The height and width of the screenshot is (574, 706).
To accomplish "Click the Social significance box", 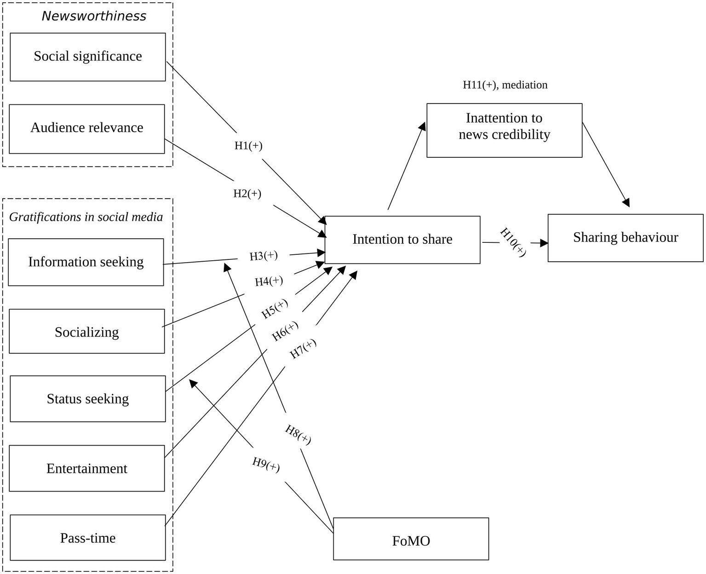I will click(x=87, y=57).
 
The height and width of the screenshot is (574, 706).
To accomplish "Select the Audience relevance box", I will click(x=86, y=128).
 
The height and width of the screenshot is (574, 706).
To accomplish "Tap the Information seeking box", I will click(x=86, y=262).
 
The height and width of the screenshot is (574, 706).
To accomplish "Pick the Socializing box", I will click(x=86, y=332).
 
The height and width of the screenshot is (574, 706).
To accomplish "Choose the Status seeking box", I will click(x=87, y=399).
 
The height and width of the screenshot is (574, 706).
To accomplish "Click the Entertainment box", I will click(x=86, y=468).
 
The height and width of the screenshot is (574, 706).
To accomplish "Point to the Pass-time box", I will click(x=87, y=538).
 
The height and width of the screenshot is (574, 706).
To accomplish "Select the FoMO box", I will click(x=411, y=540).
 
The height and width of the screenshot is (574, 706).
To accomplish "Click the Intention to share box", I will click(x=402, y=240).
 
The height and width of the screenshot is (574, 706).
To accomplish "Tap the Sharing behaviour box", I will click(x=625, y=238).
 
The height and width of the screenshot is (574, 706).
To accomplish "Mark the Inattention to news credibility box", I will click(x=504, y=130).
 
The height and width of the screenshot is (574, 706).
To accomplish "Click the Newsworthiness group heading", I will click(x=94, y=16).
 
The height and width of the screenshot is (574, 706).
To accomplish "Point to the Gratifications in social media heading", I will click(x=86, y=217).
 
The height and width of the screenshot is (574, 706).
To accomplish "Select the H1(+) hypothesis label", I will click(x=248, y=146).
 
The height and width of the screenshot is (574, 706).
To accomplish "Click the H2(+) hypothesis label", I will click(x=247, y=194).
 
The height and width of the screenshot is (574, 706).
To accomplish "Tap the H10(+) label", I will click(x=513, y=242).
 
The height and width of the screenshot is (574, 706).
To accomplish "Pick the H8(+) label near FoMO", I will click(x=298, y=435).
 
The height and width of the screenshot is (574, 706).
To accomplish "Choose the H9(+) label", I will click(x=266, y=465).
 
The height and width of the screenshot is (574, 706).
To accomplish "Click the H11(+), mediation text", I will click(x=505, y=85).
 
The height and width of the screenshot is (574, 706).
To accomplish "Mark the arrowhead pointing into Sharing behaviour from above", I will click(x=626, y=202).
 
